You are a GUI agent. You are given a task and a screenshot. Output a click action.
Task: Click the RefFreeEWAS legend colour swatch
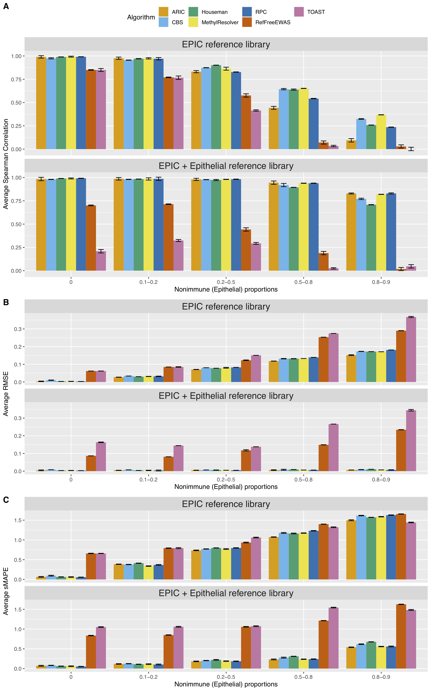pyautogui.click(x=247, y=22)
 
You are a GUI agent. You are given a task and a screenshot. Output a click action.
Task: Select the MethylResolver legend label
pyautogui.click(x=220, y=22)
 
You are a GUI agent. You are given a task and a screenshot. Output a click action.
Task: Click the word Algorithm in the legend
pyautogui.click(x=141, y=17)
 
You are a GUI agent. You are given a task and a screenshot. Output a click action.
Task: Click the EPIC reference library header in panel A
pyautogui.click(x=226, y=44)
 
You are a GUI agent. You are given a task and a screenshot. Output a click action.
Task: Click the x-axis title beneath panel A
pyautogui.click(x=226, y=289)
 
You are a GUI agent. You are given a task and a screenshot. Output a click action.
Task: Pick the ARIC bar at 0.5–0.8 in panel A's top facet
pyautogui.click(x=274, y=129)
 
